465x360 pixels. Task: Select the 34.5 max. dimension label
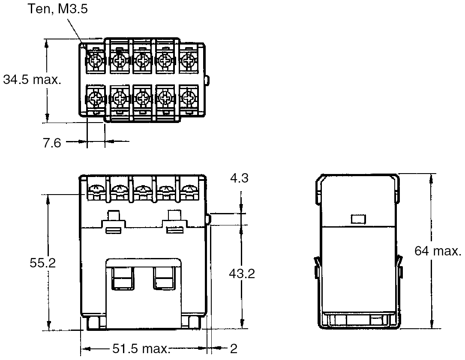point(31,80)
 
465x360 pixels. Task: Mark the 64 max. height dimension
point(438,251)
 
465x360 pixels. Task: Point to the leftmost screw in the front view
point(96,189)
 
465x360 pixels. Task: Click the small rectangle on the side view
point(358,219)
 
